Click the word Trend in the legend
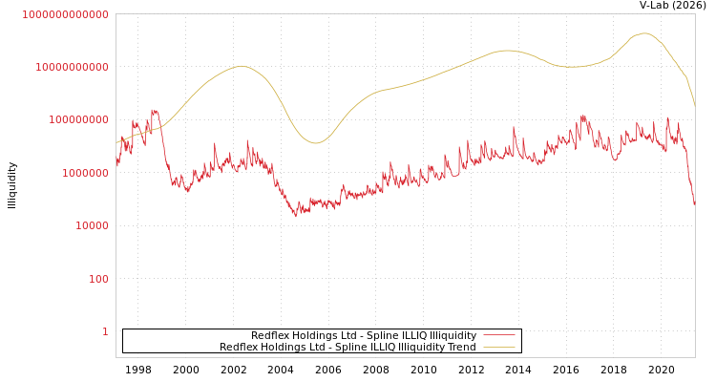pos(459,348)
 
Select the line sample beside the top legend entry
pos(498,336)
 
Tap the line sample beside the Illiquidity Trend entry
pos(498,348)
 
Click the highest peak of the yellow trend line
pos(644,33)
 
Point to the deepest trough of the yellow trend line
pos(316,143)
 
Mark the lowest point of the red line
pos(296,215)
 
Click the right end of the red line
pos(694,203)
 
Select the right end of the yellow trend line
pos(694,103)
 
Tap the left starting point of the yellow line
pos(116,143)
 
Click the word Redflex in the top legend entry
pos(271,336)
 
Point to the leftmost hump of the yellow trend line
pos(242,66)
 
